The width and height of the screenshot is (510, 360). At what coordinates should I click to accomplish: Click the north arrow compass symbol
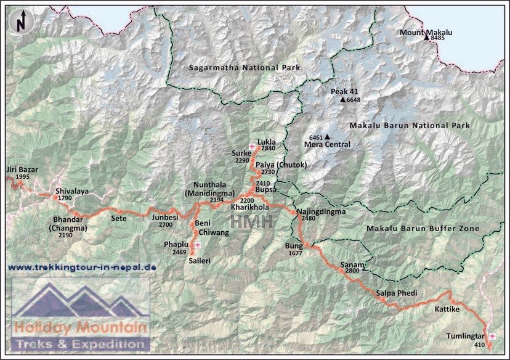[22, 22]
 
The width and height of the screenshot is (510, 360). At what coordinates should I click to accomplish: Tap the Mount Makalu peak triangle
[426, 38]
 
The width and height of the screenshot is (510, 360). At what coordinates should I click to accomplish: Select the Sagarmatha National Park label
[244, 67]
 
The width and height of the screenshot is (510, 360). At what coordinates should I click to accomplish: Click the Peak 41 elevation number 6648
[354, 99]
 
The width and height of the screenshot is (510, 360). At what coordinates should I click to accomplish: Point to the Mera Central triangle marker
[328, 137]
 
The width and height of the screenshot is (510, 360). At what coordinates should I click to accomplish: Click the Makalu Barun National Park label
[409, 125]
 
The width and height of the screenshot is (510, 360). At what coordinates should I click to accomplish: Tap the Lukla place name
[266, 141]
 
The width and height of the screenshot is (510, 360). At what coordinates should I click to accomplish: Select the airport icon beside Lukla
[253, 146]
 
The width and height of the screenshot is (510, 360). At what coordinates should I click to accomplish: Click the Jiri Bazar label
[18, 169]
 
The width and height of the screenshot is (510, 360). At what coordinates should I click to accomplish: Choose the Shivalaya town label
[72, 191]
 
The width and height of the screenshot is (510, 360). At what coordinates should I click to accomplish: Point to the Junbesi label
[165, 218]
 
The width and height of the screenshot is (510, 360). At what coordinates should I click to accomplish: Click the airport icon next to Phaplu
[197, 245]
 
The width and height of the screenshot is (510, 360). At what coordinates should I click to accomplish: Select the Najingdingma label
[321, 211]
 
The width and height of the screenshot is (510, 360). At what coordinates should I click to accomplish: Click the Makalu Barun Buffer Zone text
[423, 228]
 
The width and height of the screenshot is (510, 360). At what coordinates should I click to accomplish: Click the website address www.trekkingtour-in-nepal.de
[82, 268]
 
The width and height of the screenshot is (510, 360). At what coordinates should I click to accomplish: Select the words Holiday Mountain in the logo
[80, 327]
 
